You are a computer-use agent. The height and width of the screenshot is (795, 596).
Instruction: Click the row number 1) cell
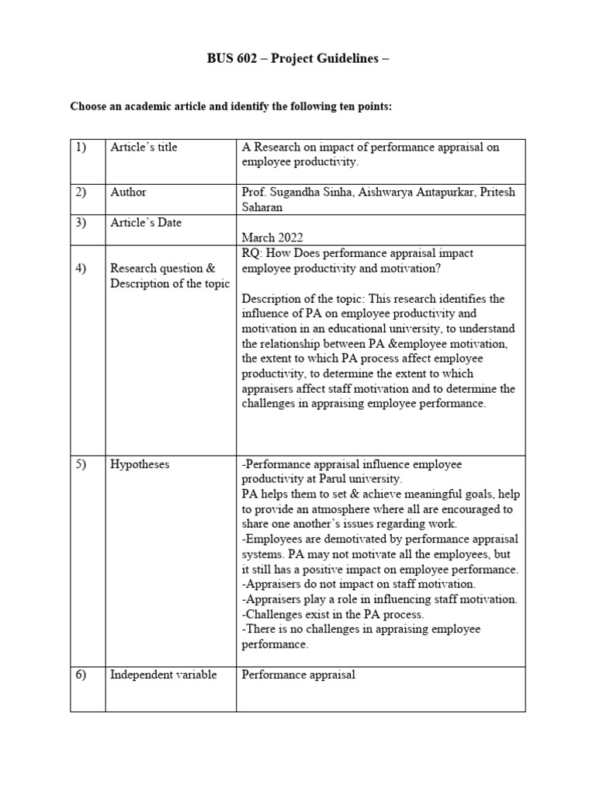click(82, 148)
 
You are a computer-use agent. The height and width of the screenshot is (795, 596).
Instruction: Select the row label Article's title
click(144, 148)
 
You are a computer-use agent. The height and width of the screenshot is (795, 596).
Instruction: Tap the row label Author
click(128, 192)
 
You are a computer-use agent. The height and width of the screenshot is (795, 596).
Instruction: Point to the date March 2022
click(272, 237)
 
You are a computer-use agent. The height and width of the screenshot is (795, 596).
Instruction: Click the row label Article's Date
click(146, 223)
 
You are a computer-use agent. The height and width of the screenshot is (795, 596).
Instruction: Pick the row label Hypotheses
click(140, 464)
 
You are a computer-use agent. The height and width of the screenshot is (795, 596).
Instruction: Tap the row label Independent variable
click(163, 675)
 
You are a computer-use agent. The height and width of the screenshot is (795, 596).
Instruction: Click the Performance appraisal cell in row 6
click(298, 675)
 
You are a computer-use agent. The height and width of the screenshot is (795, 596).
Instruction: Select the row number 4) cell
click(82, 269)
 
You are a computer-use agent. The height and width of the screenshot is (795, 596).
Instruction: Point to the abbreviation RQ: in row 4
click(253, 253)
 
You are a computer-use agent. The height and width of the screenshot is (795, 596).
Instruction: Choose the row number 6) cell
click(82, 675)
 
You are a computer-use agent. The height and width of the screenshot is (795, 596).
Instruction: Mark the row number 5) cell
click(82, 464)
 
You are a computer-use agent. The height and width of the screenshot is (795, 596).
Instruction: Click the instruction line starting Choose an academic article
click(231, 106)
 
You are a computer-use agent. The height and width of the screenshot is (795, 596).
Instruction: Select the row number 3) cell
click(82, 223)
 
